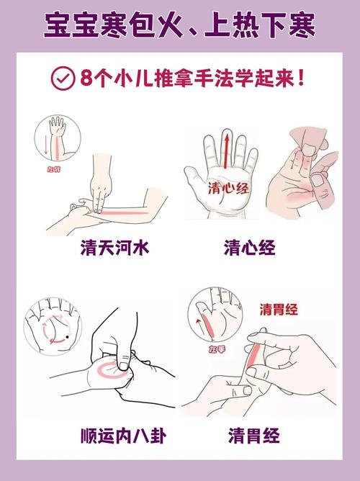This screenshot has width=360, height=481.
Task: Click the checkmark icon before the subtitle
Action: tap(63, 78)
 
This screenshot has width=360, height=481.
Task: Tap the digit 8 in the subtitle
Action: tap(88, 78)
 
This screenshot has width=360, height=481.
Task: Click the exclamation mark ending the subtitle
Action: tap(300, 78)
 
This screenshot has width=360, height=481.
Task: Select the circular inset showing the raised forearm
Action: tap(55, 141)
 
